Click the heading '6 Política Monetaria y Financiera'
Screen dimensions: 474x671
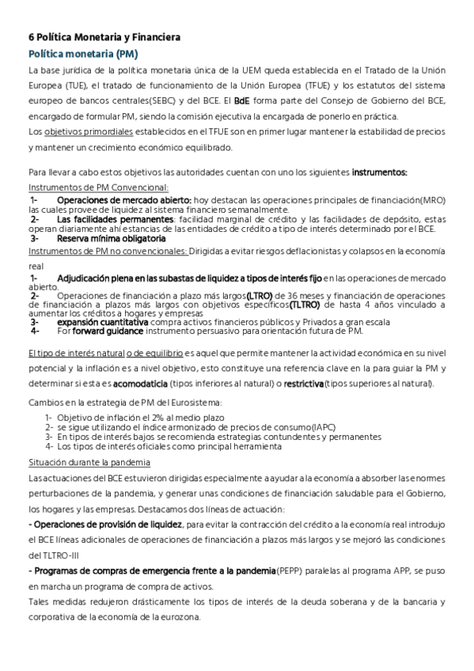coord(104,37)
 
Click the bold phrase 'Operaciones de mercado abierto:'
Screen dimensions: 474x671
coord(123,201)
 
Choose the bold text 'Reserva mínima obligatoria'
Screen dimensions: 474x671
coord(111,237)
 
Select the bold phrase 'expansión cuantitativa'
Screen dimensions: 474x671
coord(102,322)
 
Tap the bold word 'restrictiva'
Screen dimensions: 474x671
coord(303,384)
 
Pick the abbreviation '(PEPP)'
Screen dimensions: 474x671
coord(288,570)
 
